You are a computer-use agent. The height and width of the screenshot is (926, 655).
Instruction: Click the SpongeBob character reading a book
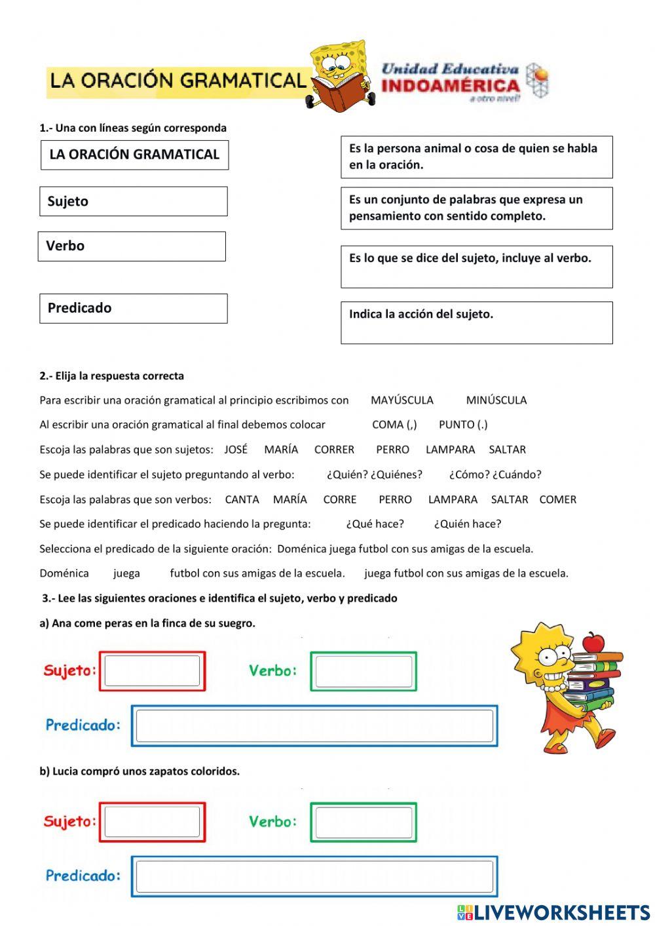[x=339, y=75]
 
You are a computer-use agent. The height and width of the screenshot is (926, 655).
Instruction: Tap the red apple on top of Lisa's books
[x=593, y=642]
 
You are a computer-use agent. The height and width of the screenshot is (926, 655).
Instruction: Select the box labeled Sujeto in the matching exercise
[x=134, y=201]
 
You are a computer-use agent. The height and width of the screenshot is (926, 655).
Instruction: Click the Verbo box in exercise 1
[x=132, y=246]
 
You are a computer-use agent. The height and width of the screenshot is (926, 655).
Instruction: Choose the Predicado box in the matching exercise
[x=134, y=308]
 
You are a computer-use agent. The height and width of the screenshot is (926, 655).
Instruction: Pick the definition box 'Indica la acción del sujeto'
[x=476, y=322]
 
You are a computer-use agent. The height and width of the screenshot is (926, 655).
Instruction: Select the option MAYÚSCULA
[x=402, y=400]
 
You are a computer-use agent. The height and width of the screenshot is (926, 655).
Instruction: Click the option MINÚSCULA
[x=496, y=400]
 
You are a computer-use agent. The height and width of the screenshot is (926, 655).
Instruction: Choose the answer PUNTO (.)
[x=463, y=425]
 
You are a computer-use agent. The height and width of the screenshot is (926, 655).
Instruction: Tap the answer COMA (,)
[x=394, y=425]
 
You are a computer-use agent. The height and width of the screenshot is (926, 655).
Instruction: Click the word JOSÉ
[x=236, y=450]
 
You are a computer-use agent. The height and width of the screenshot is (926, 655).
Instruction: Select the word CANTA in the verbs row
[x=242, y=499]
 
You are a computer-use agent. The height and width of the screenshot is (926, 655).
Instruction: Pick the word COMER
[x=557, y=499]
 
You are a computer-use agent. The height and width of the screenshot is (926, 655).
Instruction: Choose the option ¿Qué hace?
[x=375, y=524]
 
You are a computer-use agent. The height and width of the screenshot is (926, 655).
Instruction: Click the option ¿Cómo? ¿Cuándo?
[x=495, y=474]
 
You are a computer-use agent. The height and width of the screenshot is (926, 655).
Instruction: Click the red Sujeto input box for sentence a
[x=152, y=671]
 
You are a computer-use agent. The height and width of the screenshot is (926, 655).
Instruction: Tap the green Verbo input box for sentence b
[x=364, y=822]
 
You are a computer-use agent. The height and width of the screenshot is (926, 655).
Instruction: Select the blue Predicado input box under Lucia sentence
[x=314, y=876]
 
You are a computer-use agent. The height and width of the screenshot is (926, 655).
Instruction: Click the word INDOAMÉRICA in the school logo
[x=450, y=85]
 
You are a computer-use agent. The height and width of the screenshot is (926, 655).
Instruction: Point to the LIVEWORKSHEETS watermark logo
[x=553, y=912]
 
